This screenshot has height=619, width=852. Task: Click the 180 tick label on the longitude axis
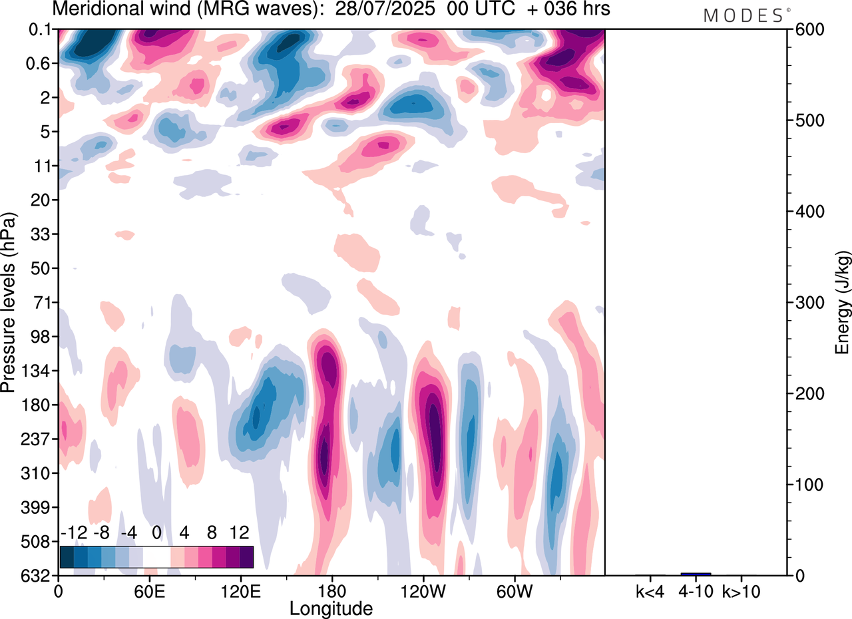point(331,590)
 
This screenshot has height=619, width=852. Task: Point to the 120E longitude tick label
point(240,590)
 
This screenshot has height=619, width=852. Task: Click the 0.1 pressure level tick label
point(41,29)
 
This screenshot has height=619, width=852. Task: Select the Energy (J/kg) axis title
point(842,302)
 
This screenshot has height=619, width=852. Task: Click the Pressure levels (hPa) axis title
point(9,302)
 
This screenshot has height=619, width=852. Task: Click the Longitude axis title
point(331,607)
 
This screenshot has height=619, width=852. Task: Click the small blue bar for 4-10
point(696,573)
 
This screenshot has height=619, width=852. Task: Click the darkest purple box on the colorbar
point(246,556)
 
